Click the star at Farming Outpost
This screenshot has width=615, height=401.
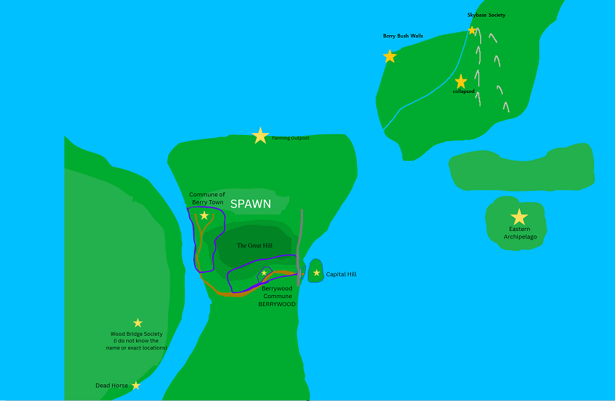pyautogui.click(x=260, y=136)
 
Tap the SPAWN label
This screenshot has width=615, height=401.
pyautogui.click(x=251, y=205)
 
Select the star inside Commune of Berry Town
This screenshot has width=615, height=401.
pyautogui.click(x=204, y=216)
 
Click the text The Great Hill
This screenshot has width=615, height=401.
pyautogui.click(x=254, y=246)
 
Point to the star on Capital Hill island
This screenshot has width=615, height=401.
pyautogui.click(x=316, y=273)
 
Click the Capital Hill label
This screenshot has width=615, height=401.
pyautogui.click(x=341, y=275)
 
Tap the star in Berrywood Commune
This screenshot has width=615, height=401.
pyautogui.click(x=264, y=273)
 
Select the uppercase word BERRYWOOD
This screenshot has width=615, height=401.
pyautogui.click(x=276, y=304)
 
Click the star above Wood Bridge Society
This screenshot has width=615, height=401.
pyautogui.click(x=138, y=323)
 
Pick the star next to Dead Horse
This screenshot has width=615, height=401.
pyautogui.click(x=136, y=386)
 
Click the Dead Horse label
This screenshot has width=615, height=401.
pyautogui.click(x=111, y=386)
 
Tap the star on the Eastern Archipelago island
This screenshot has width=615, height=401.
pyautogui.click(x=520, y=217)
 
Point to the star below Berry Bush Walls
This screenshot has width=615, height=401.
pyautogui.click(x=390, y=57)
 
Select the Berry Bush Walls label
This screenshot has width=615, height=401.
pyautogui.click(x=403, y=36)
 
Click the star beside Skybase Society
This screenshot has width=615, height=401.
pyautogui.click(x=472, y=30)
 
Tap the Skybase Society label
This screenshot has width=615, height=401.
pyautogui.click(x=486, y=15)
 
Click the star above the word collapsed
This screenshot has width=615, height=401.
pyautogui.click(x=460, y=81)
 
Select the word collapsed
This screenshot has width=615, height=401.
pyautogui.click(x=464, y=92)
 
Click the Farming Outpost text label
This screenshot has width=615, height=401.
pyautogui.click(x=291, y=138)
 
